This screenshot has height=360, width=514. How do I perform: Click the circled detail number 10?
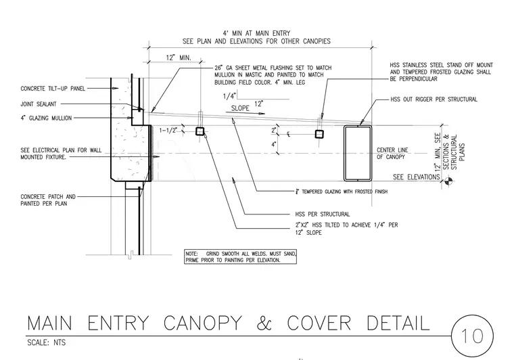click(x=472, y=336)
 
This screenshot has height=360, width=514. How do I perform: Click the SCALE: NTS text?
click(x=46, y=342)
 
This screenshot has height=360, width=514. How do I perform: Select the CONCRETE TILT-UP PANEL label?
click(x=53, y=89)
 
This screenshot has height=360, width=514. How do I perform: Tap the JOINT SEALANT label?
click(x=39, y=104)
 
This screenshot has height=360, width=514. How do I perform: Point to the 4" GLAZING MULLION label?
click(x=46, y=118)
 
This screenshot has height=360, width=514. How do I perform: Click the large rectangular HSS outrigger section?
click(x=358, y=153)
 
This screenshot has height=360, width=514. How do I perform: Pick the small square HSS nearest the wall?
click(x=200, y=131)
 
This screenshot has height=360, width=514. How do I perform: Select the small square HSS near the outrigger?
click(x=319, y=134)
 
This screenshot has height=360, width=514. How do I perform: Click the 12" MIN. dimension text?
click(x=179, y=58)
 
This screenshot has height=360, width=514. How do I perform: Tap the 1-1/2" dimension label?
click(x=168, y=131)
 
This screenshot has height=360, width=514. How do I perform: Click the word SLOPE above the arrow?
click(x=240, y=108)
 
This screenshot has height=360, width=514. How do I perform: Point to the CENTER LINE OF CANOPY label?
click(x=392, y=154)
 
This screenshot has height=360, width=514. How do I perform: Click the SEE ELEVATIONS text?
click(x=417, y=177)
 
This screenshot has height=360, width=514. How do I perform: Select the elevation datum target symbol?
click(x=449, y=180)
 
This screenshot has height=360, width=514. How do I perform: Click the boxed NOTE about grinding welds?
click(x=240, y=256)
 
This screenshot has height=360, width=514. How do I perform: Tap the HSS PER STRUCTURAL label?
click(x=322, y=215)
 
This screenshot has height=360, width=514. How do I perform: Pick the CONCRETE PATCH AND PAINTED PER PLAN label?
click(x=48, y=200)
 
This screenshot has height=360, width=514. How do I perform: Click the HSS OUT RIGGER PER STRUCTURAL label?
click(x=434, y=99)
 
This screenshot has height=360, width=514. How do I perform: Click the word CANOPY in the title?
click(x=203, y=323)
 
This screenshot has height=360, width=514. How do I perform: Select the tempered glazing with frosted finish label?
click(x=342, y=192)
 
